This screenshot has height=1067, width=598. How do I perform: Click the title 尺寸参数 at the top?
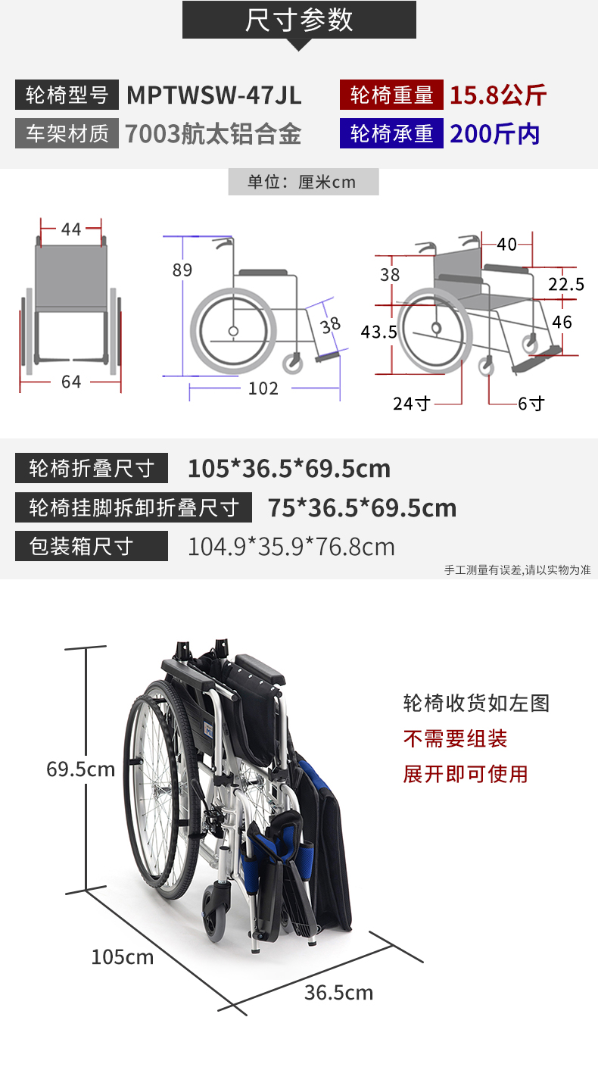299,20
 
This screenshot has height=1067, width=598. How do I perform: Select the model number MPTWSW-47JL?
213,95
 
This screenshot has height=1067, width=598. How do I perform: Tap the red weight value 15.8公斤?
498,95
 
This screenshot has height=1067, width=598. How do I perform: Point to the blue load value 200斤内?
495,134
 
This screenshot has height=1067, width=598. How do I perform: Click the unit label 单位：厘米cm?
302,182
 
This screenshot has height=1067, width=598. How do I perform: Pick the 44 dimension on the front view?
71,229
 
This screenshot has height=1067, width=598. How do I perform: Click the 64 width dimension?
71,382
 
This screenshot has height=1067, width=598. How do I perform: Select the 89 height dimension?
182,270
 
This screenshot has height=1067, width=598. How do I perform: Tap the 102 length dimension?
263,388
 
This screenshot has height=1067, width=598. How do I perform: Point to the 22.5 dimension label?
566,285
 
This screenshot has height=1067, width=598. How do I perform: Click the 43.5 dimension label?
379,332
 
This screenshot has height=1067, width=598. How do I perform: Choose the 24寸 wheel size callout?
411,404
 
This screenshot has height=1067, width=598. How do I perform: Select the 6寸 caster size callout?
531,404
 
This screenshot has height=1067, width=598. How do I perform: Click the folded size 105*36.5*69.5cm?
289,469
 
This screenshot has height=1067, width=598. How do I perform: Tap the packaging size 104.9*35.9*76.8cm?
291,547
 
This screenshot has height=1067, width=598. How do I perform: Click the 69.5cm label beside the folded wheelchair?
81,769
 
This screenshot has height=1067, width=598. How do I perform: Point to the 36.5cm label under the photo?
339,993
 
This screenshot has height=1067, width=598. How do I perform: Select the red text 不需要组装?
455,739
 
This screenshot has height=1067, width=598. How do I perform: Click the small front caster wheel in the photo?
214,912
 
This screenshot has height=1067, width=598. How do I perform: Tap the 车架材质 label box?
67,133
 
